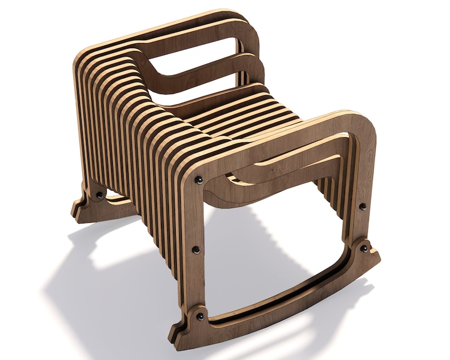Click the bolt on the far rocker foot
point(100,195)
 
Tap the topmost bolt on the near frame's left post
point(199,180)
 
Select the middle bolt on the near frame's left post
point(196,249)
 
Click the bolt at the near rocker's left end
point(199,316)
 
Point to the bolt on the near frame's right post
point(363,206)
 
